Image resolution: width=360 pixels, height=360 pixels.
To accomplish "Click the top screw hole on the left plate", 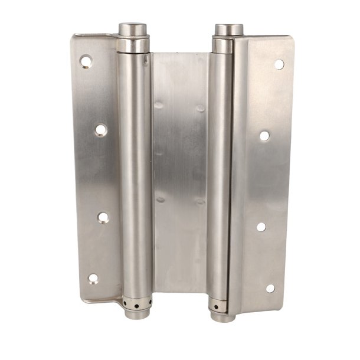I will (x=86, y=61).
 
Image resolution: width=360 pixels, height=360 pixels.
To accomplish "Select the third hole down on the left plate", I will (x=103, y=218).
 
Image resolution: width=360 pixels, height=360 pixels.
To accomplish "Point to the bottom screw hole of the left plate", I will (x=93, y=278).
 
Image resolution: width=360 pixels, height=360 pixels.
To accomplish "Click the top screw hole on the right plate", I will (x=279, y=64).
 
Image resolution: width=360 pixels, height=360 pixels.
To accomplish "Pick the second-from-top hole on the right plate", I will (x=264, y=136).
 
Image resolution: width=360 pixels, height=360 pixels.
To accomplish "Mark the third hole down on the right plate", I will (x=261, y=227).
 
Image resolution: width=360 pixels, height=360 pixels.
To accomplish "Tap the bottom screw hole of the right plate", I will (x=270, y=288).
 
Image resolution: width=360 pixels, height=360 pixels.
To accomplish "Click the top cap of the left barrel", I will (x=133, y=28).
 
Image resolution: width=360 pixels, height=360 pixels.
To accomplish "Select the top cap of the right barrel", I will (x=229, y=29).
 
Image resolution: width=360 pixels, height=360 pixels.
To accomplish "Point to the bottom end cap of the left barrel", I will (x=137, y=313).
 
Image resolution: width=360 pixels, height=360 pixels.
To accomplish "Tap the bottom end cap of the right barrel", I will (x=222, y=317).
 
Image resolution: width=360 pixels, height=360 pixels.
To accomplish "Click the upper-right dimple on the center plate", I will (x=201, y=109).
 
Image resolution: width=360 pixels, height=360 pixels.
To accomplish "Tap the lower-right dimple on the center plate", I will (x=201, y=202).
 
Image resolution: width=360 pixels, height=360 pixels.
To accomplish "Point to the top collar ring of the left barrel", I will (x=133, y=45).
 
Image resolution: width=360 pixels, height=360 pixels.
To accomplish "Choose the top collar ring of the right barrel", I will (x=223, y=45).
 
